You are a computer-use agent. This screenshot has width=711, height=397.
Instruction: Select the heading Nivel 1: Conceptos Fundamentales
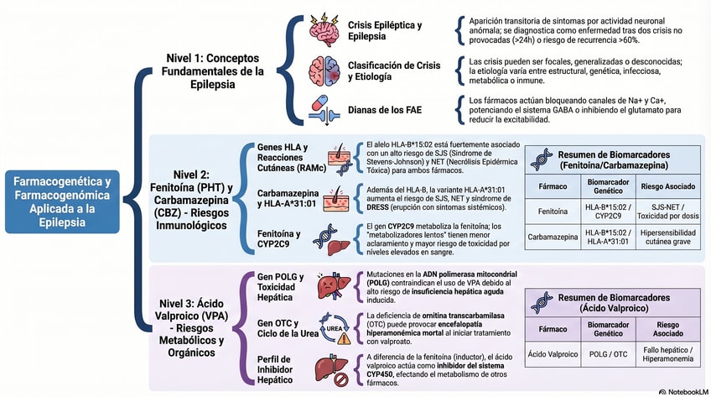(x=212, y=72)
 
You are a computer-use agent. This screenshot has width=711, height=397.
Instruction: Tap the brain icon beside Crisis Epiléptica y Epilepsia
(x=323, y=30)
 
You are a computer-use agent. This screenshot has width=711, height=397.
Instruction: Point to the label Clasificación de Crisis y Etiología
(x=394, y=71)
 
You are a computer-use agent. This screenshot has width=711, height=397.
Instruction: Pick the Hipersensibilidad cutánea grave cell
(x=666, y=238)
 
